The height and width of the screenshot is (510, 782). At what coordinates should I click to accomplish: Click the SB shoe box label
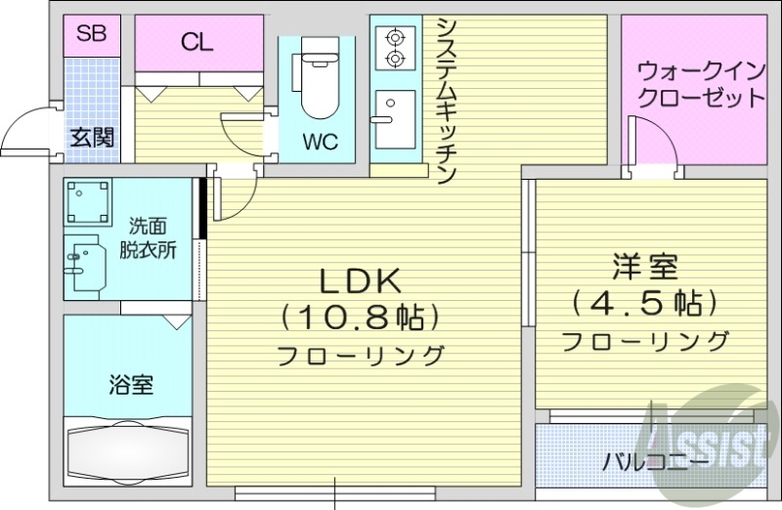(x=91, y=36)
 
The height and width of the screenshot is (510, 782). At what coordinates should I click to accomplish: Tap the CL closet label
(x=198, y=42)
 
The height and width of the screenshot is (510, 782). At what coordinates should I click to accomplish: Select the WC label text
(x=319, y=142)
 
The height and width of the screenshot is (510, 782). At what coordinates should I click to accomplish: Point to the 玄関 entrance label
(x=91, y=137)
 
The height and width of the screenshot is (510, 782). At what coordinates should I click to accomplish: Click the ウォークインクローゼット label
(x=700, y=85)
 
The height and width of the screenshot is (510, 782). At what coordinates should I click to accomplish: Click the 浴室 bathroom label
(x=130, y=384)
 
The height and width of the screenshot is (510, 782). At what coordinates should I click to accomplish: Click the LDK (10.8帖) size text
(x=361, y=316)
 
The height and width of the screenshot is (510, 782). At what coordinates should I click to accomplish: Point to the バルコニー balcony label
(x=642, y=459)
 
